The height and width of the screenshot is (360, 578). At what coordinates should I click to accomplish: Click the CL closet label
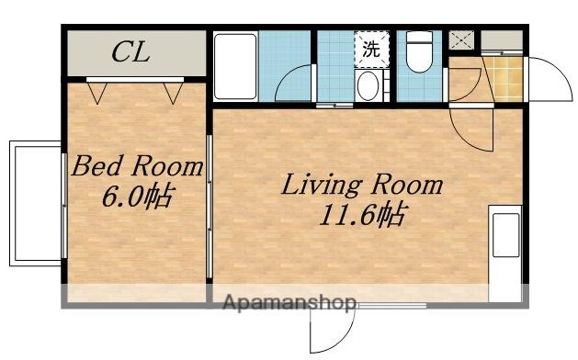click(x=130, y=52)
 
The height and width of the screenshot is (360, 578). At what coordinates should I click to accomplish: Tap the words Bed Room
click(x=137, y=166)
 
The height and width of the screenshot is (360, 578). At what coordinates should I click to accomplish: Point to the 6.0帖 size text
click(x=137, y=196)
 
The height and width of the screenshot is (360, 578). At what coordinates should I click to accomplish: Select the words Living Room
click(x=362, y=185)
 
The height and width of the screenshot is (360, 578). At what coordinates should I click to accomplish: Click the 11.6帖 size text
click(x=364, y=214)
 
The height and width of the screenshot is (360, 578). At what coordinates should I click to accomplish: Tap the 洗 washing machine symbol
click(x=371, y=50)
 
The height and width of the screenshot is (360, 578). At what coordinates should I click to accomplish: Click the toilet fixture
click(x=419, y=51)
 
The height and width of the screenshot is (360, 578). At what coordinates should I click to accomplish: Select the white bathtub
click(x=235, y=66)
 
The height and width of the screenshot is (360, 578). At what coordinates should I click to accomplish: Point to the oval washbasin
click(x=368, y=85)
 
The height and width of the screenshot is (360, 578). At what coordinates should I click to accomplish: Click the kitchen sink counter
click(x=505, y=253)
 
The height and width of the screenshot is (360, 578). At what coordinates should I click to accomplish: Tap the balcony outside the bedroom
click(x=36, y=203)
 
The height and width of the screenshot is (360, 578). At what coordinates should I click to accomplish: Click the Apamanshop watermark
click(x=290, y=303)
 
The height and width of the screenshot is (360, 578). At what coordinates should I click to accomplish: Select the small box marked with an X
click(x=461, y=40)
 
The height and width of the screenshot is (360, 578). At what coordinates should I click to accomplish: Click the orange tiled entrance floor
click(x=504, y=78)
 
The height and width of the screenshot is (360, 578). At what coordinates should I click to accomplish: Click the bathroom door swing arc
click(x=287, y=75)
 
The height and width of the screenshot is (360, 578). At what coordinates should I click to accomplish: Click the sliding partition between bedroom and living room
click(x=210, y=207)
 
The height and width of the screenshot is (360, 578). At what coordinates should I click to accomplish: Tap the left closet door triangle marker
click(x=97, y=93)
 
